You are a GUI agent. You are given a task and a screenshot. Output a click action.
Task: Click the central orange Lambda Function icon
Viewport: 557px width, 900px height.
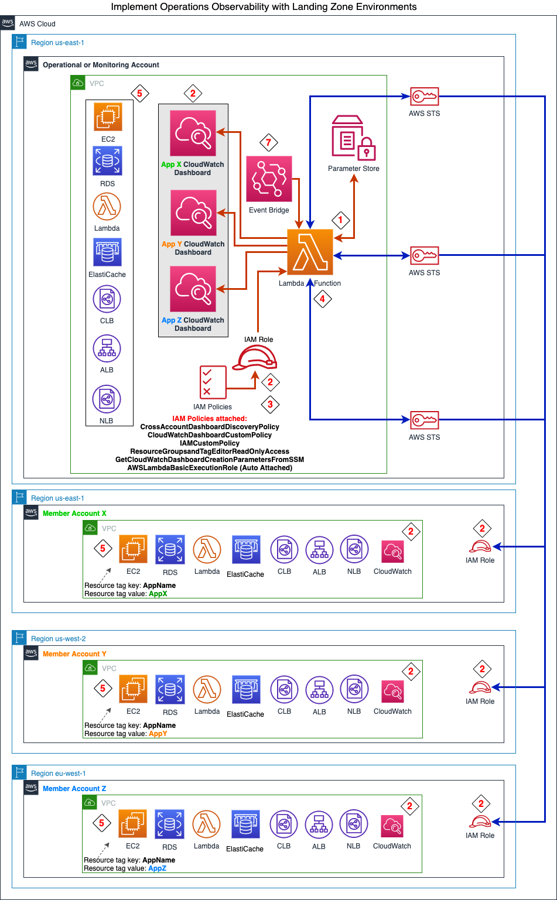[310, 252]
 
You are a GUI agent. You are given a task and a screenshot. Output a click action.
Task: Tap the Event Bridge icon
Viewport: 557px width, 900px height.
[269, 179]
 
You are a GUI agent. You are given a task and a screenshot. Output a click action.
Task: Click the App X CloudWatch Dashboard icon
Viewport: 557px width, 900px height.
[193, 134]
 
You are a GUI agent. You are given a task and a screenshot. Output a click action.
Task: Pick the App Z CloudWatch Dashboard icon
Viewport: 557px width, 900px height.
[193, 289]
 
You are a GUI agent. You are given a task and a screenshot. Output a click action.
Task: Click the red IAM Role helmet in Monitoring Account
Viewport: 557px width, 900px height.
[254, 357]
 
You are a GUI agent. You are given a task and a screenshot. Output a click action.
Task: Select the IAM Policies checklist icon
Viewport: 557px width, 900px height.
[213, 382]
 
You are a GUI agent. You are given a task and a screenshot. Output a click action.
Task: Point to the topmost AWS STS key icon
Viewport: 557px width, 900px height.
[424, 96]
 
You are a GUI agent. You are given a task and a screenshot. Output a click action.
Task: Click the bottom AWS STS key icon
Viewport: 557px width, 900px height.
[424, 420]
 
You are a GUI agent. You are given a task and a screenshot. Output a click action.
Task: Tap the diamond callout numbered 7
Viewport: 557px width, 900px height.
[269, 142]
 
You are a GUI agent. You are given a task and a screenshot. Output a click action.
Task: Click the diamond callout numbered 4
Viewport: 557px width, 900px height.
[322, 299]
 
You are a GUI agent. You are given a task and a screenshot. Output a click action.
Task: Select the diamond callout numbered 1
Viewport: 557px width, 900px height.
[340, 220]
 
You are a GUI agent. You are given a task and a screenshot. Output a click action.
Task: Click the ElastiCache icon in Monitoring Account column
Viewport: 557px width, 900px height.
[107, 252]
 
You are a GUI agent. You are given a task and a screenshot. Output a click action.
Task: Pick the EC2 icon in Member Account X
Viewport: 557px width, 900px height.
[133, 549]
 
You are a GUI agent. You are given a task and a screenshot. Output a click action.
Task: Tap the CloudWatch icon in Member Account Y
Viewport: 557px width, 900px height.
[392, 692]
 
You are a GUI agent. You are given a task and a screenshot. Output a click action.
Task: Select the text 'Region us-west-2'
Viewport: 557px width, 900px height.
[58, 639]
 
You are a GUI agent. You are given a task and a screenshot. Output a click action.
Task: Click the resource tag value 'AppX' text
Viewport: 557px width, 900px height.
[158, 594]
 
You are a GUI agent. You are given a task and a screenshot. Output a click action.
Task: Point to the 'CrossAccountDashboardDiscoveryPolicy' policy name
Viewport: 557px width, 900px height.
[210, 427]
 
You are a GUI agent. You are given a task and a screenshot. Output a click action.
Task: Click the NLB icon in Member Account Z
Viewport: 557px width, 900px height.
[353, 824]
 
